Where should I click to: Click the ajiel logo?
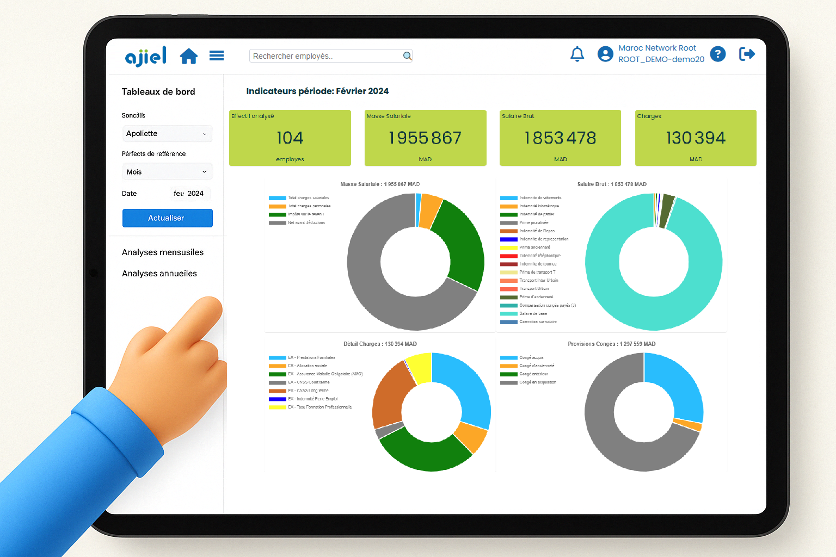tap(145, 56)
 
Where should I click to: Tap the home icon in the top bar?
tap(189, 56)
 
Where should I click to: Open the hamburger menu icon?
tap(217, 55)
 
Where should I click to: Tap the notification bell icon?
tap(577, 54)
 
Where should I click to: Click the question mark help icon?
tap(718, 54)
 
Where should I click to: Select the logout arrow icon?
tap(747, 54)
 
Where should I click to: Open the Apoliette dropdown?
tap(167, 134)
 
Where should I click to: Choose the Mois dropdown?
tap(167, 172)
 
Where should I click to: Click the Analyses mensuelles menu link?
tap(163, 252)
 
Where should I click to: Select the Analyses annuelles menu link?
tap(159, 274)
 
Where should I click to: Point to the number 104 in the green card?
tap(290, 138)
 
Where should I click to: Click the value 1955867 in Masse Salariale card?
tap(425, 138)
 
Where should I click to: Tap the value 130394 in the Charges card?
tap(696, 138)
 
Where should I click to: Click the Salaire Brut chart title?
tap(612, 184)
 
